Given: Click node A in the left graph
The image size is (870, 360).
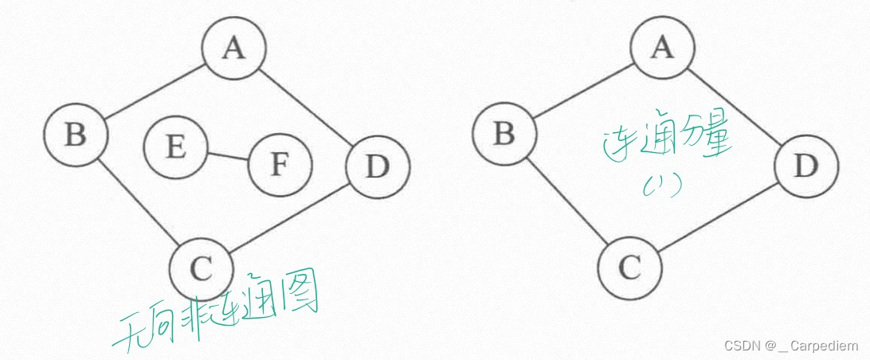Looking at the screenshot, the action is pyautogui.click(x=233, y=49).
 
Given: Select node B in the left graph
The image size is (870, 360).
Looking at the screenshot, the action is pyautogui.click(x=76, y=135).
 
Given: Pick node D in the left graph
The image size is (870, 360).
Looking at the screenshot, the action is pyautogui.click(x=378, y=167).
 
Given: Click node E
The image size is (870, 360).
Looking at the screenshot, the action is pyautogui.click(x=176, y=148).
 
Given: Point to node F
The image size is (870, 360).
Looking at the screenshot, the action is pyautogui.click(x=279, y=165).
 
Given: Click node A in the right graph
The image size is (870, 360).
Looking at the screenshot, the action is pyautogui.click(x=661, y=49).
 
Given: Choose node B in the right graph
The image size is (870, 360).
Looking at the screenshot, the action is pyautogui.click(x=504, y=135).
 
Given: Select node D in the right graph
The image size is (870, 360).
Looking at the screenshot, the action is pyautogui.click(x=805, y=167).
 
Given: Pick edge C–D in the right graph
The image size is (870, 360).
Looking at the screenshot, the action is pyautogui.click(x=719, y=217).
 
